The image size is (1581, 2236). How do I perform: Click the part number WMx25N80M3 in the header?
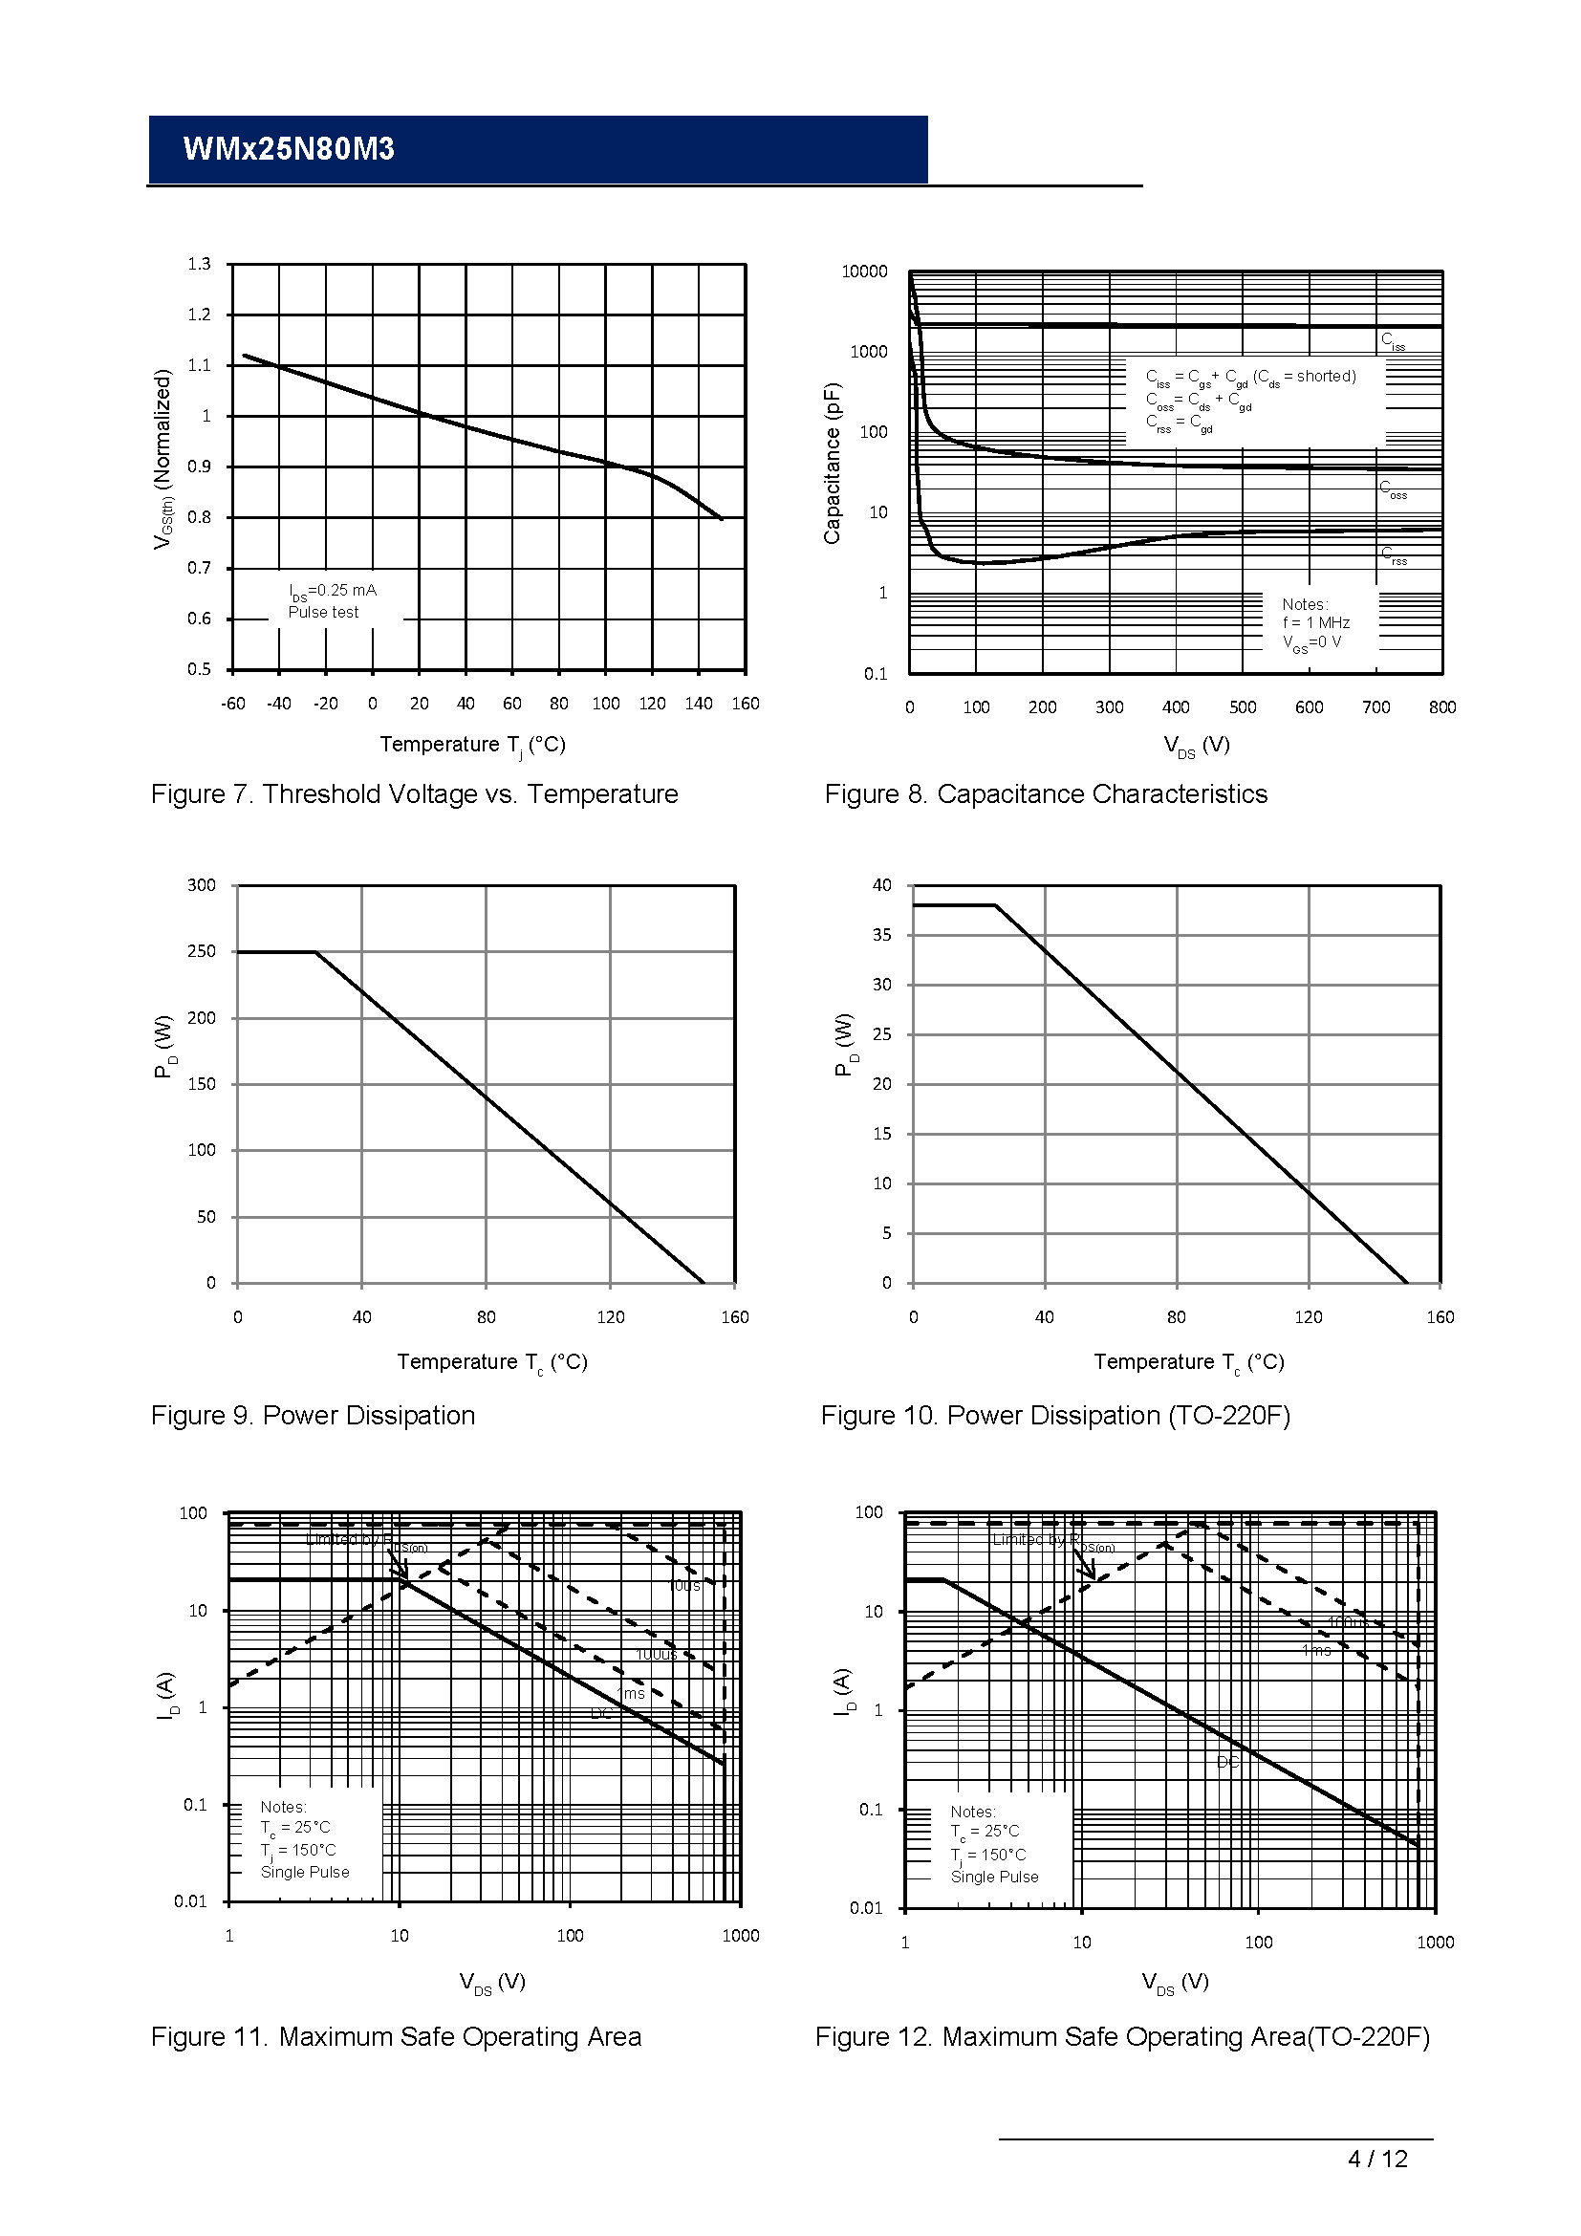point(288,149)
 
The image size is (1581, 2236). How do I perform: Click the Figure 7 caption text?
point(414,794)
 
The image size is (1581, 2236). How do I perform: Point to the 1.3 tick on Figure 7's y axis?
point(199,264)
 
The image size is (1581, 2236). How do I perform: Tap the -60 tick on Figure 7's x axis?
point(232,704)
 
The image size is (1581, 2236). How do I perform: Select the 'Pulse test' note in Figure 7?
point(323,613)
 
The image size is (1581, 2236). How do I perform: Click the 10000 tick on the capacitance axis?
point(863,271)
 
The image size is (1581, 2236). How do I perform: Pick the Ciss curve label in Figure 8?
point(1392,341)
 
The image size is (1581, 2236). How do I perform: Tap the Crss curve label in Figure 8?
point(1393,555)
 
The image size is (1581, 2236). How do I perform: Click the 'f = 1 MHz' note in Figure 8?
point(1315,623)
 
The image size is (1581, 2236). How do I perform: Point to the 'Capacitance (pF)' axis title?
point(832,463)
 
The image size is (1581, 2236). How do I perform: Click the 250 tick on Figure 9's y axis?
point(202,951)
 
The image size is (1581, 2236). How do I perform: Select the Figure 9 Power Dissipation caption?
point(313,1416)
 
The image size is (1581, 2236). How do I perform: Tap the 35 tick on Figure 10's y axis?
point(881,935)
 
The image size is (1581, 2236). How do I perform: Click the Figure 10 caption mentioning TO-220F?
point(1055,1416)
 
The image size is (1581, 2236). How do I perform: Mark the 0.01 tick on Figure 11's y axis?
point(190,1901)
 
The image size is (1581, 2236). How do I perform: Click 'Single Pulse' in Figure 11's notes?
point(305,1872)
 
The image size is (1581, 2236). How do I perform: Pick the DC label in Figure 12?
point(1226,1762)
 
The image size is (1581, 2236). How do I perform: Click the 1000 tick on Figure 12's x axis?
point(1435,1942)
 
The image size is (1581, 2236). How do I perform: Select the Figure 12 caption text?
point(1121,2037)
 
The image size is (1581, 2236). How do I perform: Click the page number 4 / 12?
point(1376,2186)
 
